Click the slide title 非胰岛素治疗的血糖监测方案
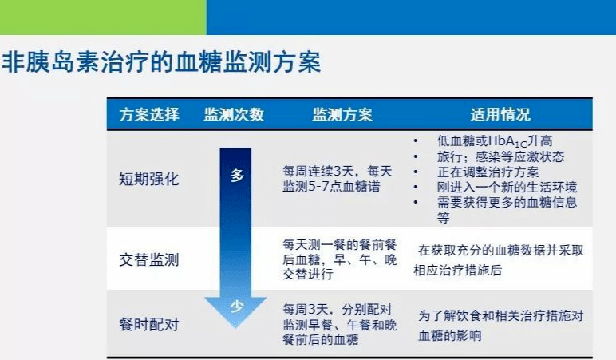click(161, 61)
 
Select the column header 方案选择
click(149, 114)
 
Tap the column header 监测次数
click(234, 114)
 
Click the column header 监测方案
click(342, 114)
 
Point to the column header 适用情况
click(500, 114)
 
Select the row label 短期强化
click(149, 180)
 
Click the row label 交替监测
click(149, 259)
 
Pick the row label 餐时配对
click(149, 325)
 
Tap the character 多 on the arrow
click(237, 176)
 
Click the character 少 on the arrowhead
click(237, 306)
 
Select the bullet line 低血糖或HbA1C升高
click(495, 141)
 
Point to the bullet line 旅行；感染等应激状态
click(500, 156)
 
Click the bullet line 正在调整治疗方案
click(488, 172)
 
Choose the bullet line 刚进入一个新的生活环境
click(507, 187)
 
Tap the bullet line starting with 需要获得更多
click(507, 209)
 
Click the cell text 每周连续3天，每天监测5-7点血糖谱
click(337, 179)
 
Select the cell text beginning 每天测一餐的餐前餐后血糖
click(339, 259)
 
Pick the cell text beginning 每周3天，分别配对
click(339, 325)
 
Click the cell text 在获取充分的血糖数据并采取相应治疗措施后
click(499, 260)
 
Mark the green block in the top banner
click(103, 18)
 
